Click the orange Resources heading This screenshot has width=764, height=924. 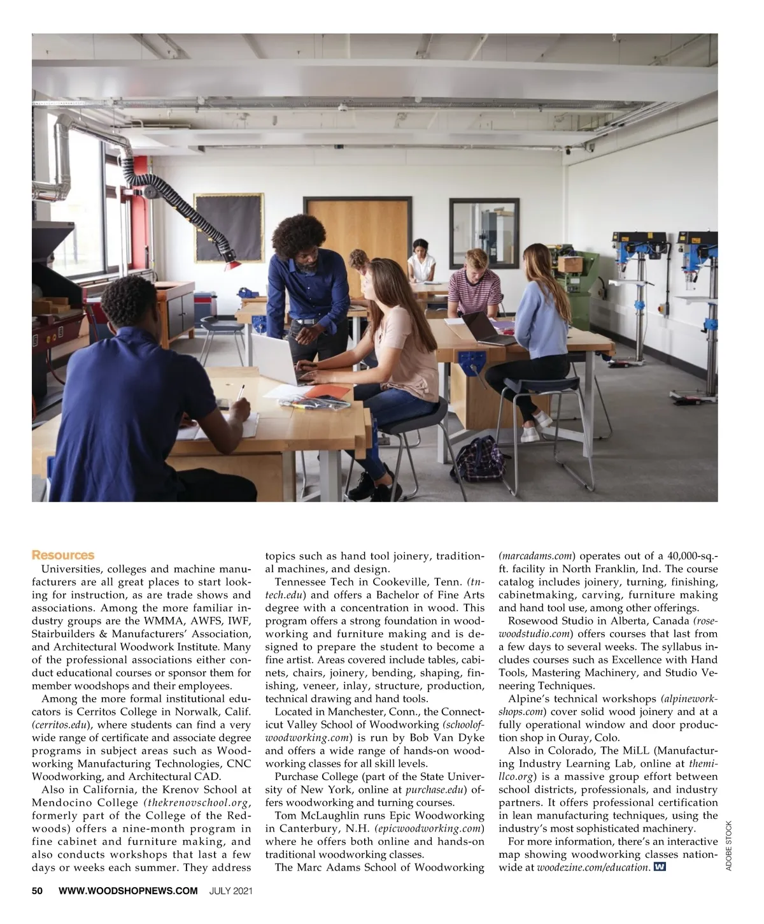click(63, 555)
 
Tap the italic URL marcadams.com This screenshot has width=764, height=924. click(537, 556)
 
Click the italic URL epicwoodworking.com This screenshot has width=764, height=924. click(430, 828)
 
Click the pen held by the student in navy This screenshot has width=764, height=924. click(241, 393)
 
